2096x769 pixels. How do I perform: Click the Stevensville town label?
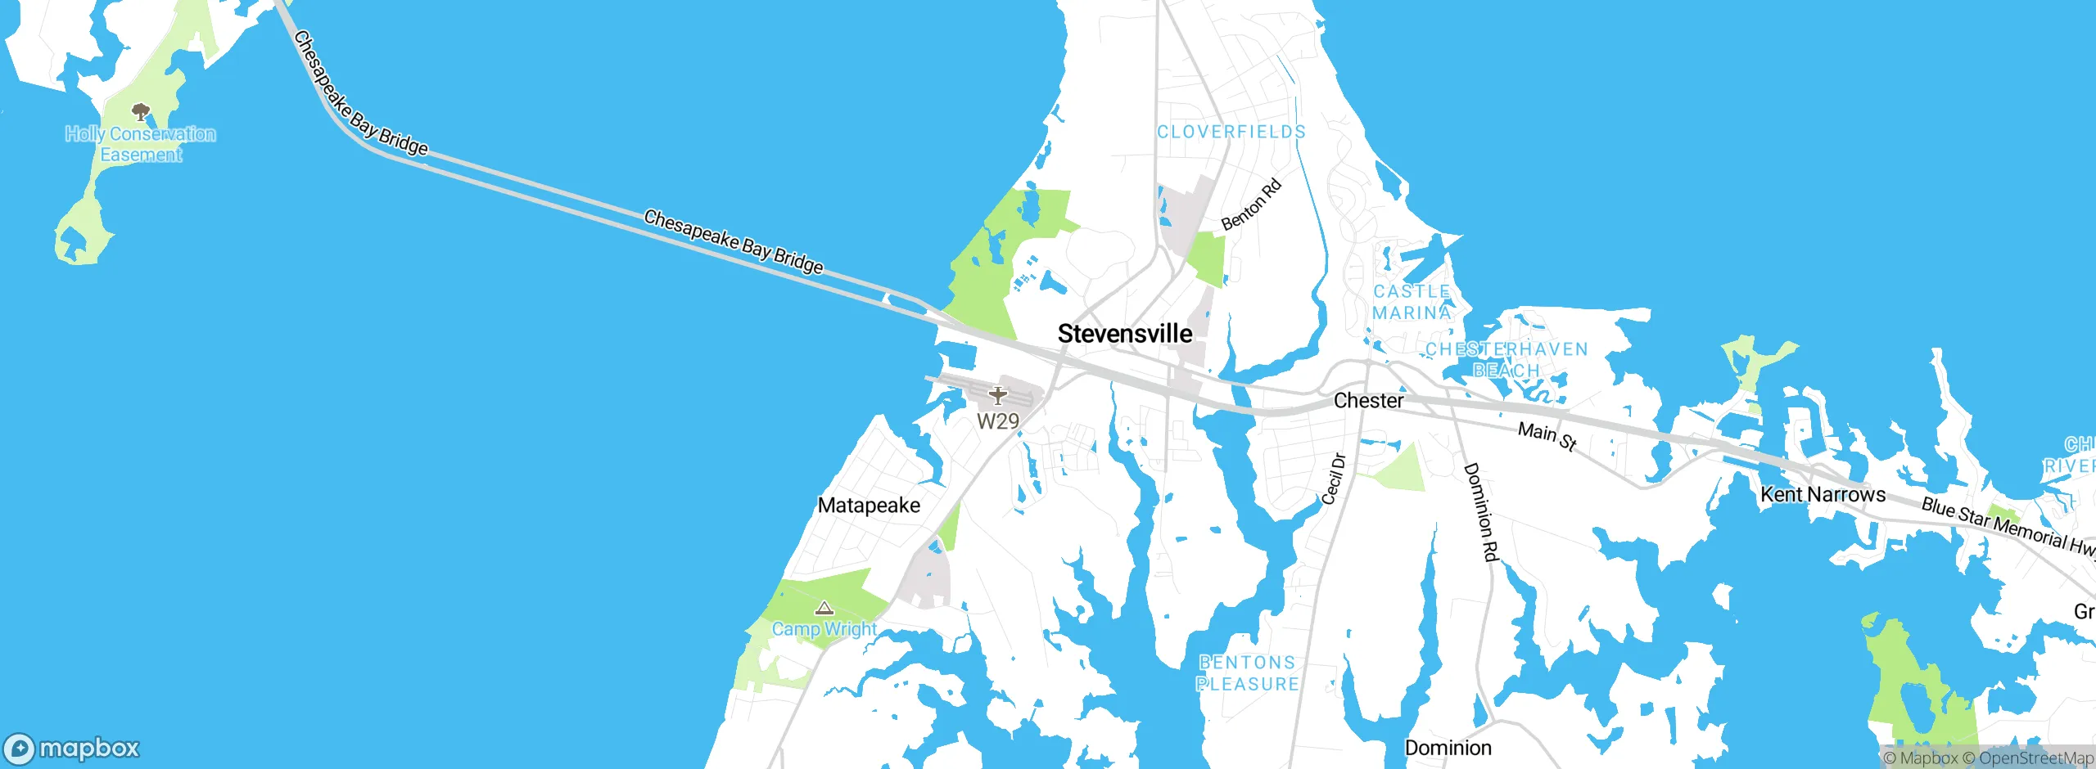pyautogui.click(x=1124, y=334)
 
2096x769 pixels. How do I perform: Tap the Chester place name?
pyautogui.click(x=1368, y=401)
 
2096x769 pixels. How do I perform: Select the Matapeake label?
pyautogui.click(x=869, y=506)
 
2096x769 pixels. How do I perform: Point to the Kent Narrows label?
pyautogui.click(x=1823, y=495)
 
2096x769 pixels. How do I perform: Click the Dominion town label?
pyautogui.click(x=1448, y=748)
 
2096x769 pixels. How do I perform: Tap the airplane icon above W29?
pyautogui.click(x=997, y=396)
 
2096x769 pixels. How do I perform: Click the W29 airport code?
pyautogui.click(x=997, y=421)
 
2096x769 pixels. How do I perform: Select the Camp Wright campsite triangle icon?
pyautogui.click(x=824, y=608)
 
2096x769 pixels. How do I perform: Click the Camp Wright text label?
pyautogui.click(x=824, y=629)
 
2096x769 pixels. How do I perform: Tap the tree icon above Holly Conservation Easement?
pyautogui.click(x=141, y=112)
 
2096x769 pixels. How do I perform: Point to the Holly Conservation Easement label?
pyautogui.click(x=141, y=144)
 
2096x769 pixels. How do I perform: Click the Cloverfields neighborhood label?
pyautogui.click(x=1231, y=132)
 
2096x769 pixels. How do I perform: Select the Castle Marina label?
pyautogui.click(x=1412, y=302)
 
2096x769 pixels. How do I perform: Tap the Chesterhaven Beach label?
pyautogui.click(x=1506, y=360)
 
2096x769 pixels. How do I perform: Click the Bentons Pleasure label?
pyautogui.click(x=1247, y=673)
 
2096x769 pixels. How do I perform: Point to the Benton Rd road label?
pyautogui.click(x=1250, y=205)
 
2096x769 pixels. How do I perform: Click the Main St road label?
pyautogui.click(x=1547, y=435)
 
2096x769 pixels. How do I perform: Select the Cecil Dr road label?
pyautogui.click(x=1334, y=479)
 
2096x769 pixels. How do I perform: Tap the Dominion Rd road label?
pyautogui.click(x=1480, y=512)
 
